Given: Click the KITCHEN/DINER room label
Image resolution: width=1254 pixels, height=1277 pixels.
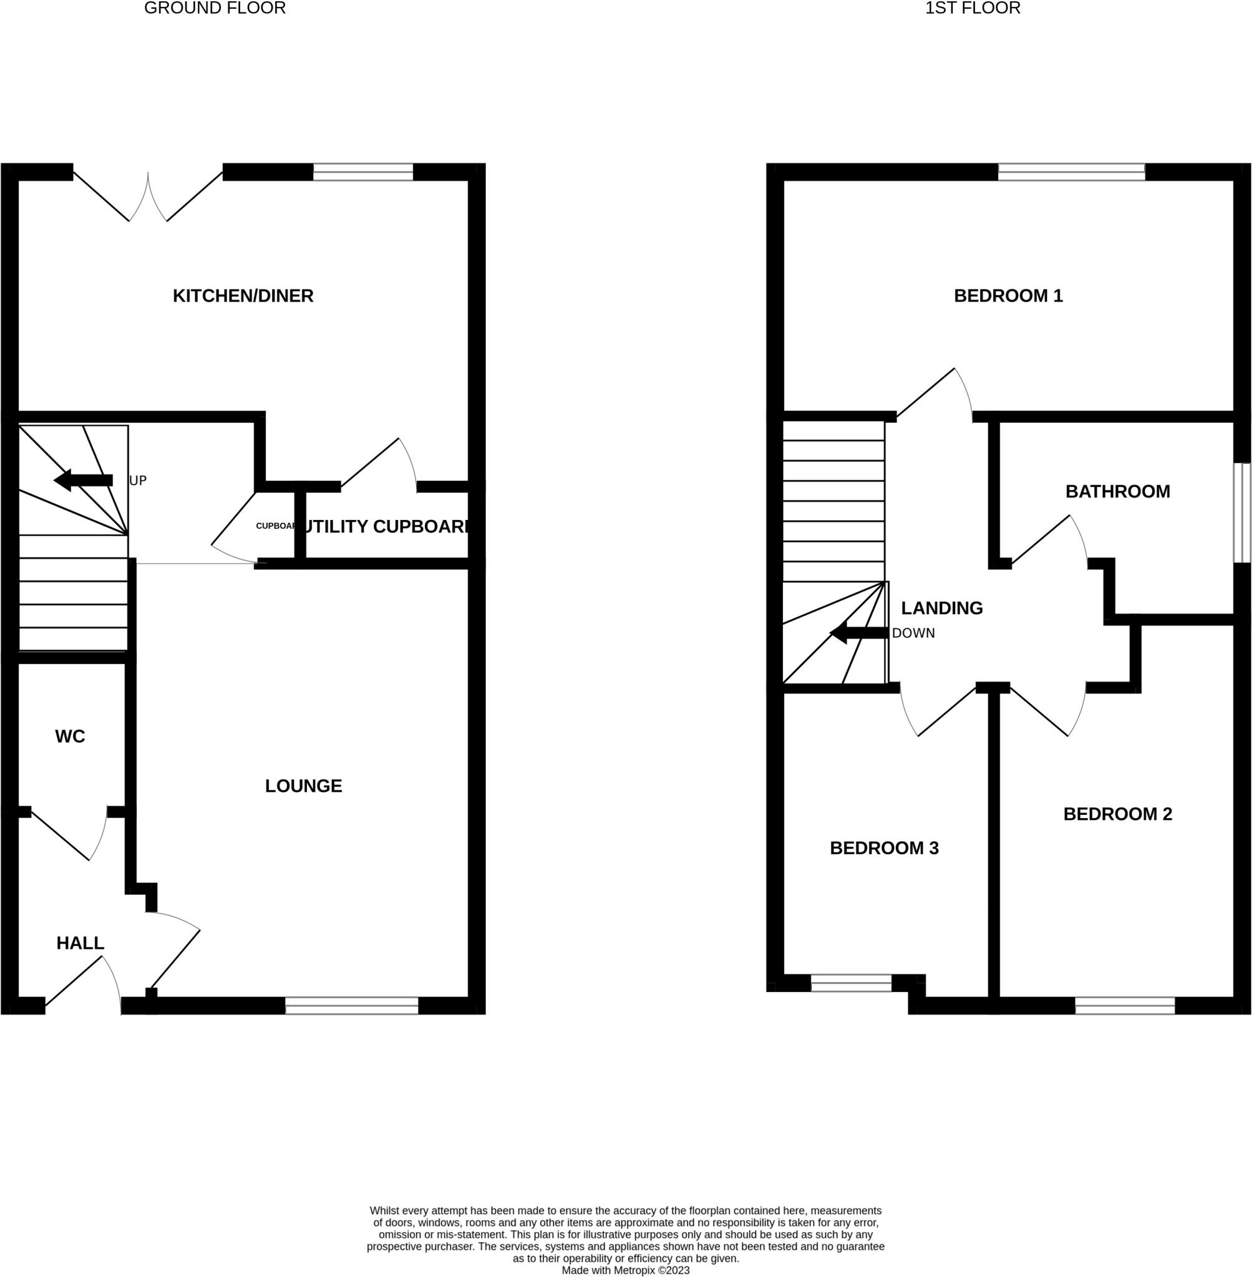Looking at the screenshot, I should (243, 296).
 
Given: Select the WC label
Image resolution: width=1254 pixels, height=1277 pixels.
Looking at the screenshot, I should (70, 736).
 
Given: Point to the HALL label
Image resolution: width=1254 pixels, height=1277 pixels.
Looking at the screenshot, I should (80, 943).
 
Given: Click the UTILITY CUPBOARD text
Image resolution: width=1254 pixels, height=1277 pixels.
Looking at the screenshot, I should (386, 527).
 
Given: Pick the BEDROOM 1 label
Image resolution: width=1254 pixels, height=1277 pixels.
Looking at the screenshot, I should (1008, 296).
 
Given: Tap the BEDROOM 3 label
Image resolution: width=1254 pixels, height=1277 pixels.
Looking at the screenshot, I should (884, 849).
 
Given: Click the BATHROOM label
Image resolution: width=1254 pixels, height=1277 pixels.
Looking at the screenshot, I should (1117, 492).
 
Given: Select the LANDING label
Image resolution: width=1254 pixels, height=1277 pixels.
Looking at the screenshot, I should (942, 608).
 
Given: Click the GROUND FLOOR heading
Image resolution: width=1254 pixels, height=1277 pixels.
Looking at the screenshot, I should (215, 9).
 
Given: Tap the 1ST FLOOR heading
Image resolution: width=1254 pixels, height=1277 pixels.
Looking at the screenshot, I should (973, 9).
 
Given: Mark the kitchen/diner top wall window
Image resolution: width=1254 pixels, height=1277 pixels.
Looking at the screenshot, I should (363, 173).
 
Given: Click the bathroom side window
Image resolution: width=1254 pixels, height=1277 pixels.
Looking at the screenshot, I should (1242, 513).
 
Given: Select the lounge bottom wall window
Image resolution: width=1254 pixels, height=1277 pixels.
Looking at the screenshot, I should (352, 1006).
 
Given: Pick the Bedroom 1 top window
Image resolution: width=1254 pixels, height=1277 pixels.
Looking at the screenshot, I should (1072, 173).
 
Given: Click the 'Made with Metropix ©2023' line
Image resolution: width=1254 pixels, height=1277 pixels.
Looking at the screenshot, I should (626, 1270).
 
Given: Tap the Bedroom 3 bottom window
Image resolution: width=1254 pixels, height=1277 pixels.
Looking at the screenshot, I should (851, 983).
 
